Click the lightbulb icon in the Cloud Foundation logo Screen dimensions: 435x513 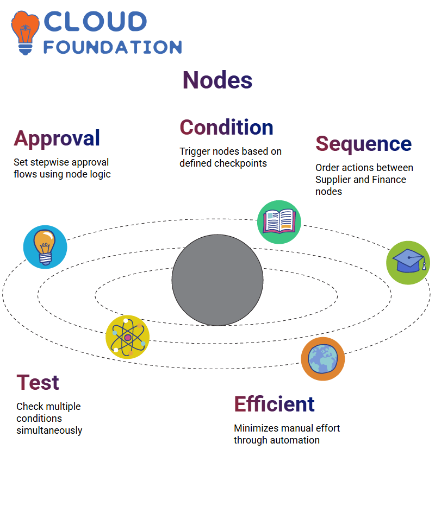click(x=25, y=33)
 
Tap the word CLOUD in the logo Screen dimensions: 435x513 click(x=95, y=22)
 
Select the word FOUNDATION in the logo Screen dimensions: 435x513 click(x=113, y=47)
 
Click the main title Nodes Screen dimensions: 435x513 click(x=217, y=80)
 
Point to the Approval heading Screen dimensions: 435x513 click(x=57, y=139)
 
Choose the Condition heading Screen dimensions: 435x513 click(x=227, y=127)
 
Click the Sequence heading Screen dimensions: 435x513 click(x=364, y=144)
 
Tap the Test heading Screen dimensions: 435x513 click(x=38, y=383)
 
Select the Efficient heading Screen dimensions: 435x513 click(x=275, y=404)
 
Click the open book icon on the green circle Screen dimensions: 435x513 click(x=279, y=222)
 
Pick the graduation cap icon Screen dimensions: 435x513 click(x=408, y=263)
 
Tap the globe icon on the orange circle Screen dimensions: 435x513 click(x=323, y=359)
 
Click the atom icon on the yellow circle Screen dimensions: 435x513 click(x=128, y=337)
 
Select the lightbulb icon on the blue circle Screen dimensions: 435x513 click(x=45, y=247)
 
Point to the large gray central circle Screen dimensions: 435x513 click(x=217, y=280)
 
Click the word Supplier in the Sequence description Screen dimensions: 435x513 click(x=333, y=180)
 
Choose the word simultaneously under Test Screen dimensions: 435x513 click(x=49, y=430)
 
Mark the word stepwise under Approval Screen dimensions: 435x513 click(x=49, y=163)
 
